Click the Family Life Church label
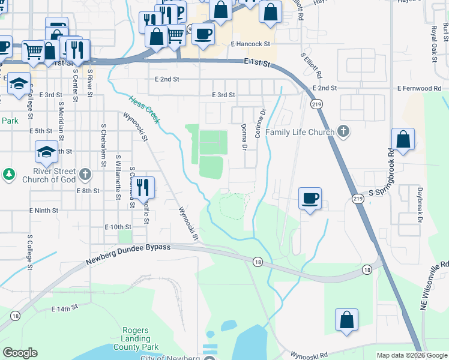(x=300, y=132)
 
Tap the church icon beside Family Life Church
(x=343, y=131)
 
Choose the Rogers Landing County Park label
(x=139, y=338)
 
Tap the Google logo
(x=20, y=353)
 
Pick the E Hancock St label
(x=251, y=44)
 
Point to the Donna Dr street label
(x=244, y=137)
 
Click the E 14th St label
(x=65, y=308)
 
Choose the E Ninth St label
(x=44, y=211)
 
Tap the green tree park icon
(x=9, y=175)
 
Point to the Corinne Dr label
(x=261, y=123)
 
